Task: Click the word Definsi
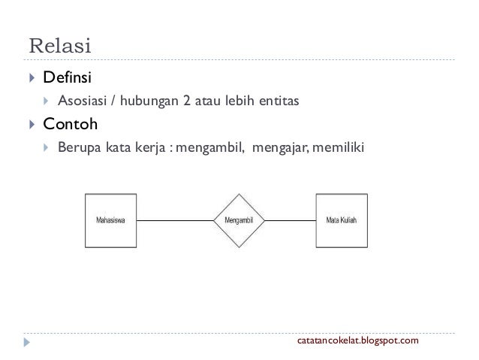(x=68, y=77)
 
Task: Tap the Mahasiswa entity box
(x=110, y=221)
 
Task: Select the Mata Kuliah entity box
(x=341, y=221)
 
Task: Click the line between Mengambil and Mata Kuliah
(x=290, y=221)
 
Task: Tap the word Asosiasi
(x=83, y=99)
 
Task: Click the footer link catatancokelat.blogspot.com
(x=360, y=343)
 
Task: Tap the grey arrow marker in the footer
(x=28, y=343)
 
